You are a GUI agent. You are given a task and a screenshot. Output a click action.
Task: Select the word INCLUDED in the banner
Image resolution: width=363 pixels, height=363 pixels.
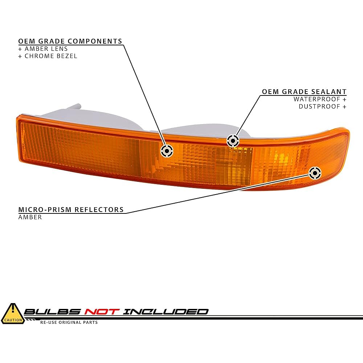point(166,311)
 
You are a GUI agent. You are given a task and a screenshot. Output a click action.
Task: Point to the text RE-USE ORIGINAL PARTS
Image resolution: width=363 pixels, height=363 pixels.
point(69,322)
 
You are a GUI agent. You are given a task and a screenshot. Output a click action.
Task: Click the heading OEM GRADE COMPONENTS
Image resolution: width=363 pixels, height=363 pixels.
point(70,41)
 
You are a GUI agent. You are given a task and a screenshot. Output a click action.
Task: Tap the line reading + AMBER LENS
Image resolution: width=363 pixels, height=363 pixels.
point(43,49)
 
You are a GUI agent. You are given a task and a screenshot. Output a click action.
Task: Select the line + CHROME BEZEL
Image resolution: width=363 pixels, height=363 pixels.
point(48,56)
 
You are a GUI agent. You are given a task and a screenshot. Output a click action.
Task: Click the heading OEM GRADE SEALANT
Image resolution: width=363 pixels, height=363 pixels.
point(304,92)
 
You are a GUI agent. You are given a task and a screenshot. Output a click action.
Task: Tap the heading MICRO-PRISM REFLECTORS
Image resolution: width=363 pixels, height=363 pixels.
point(71,210)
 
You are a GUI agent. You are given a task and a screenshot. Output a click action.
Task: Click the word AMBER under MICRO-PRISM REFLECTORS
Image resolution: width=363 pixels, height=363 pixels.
point(30,217)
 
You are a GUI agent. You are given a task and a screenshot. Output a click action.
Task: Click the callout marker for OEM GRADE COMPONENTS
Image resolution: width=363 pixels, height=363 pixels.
point(167,150)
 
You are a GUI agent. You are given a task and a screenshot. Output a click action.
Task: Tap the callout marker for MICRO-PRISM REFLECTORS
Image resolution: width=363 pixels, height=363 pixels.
point(315,172)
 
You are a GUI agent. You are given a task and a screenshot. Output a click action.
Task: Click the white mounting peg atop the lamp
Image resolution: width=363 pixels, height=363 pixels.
point(76,107)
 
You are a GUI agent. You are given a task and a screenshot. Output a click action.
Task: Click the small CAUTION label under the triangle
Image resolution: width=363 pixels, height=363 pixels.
point(12,320)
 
